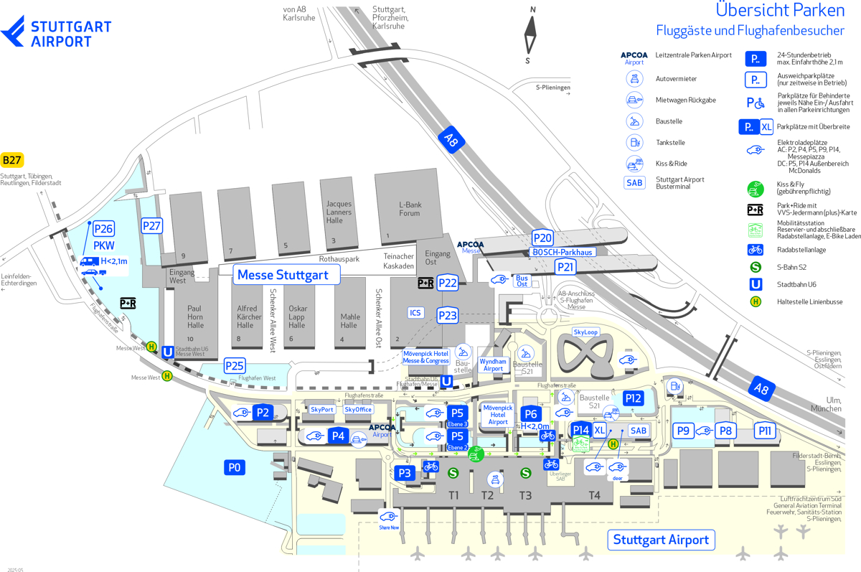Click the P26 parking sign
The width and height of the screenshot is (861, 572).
point(104,229)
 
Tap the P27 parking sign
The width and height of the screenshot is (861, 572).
point(151,226)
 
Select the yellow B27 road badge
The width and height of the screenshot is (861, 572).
point(12,160)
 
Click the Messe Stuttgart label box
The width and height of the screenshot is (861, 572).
point(283,274)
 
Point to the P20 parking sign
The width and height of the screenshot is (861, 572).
point(542,238)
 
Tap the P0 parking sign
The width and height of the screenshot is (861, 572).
point(234,468)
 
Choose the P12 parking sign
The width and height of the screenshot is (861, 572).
point(633,398)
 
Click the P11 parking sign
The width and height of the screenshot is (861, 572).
point(765,431)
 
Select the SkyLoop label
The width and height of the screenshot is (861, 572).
point(585,332)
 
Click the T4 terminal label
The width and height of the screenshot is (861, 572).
point(594,495)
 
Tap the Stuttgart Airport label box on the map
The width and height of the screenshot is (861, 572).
point(661,540)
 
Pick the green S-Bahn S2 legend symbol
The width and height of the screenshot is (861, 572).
point(755,267)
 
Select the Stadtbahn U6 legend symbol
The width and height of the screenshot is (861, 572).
point(755,284)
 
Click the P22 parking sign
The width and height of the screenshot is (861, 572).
point(448,283)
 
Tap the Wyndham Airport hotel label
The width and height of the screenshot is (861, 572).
point(493,365)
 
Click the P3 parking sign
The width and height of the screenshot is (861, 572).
point(405,473)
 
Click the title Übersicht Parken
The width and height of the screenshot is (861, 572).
point(780,11)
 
